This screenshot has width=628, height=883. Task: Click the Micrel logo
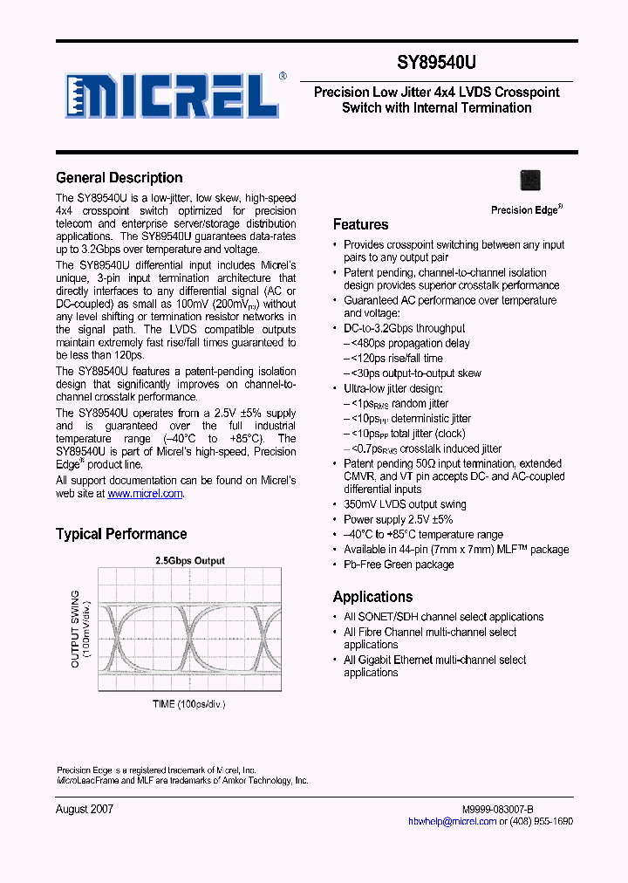pos(174,94)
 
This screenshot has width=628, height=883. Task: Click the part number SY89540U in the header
pos(437,64)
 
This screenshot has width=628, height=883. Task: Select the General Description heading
pos(119,178)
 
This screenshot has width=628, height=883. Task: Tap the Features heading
pos(360,224)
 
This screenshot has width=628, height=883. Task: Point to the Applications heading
pos(372,597)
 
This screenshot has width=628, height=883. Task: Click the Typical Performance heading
pos(121,534)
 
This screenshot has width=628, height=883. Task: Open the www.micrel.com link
pos(145,494)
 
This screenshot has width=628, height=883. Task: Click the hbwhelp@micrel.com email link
pos(453,822)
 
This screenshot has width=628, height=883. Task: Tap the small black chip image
pos(529,180)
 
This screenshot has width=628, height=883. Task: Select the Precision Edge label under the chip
pos(526,210)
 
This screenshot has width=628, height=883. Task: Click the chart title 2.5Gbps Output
pos(189,561)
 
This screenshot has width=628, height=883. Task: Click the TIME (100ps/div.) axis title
pos(188,703)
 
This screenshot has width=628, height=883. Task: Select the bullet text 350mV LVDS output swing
pos(405,504)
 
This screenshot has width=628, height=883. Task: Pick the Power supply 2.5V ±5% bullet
pos(398,519)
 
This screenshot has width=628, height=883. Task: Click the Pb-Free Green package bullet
pos(399,565)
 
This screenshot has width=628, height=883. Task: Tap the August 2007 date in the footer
pos(85,809)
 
